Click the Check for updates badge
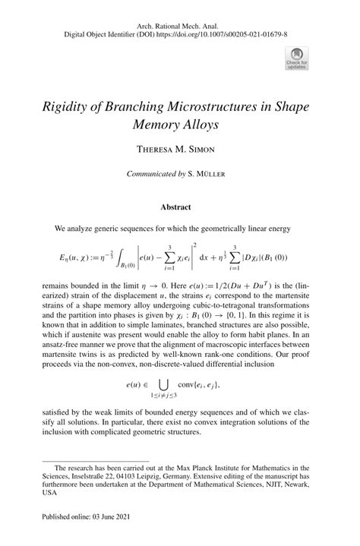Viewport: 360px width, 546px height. [295, 57]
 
